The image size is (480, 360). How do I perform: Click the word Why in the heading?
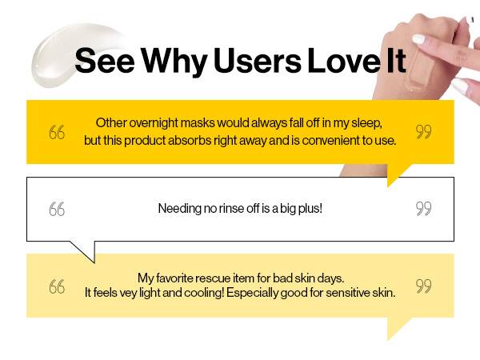174,62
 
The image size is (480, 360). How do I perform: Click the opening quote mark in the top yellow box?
57,132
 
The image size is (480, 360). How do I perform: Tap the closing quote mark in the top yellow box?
424,132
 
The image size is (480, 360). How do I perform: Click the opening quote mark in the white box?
57,209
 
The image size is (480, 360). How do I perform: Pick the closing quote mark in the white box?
424,209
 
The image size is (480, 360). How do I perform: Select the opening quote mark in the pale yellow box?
57,286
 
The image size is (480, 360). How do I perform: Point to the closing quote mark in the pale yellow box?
424,286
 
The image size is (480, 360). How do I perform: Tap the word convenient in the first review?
330,141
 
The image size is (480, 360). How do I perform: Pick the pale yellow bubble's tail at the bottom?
398,327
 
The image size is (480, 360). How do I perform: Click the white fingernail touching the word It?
418,39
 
